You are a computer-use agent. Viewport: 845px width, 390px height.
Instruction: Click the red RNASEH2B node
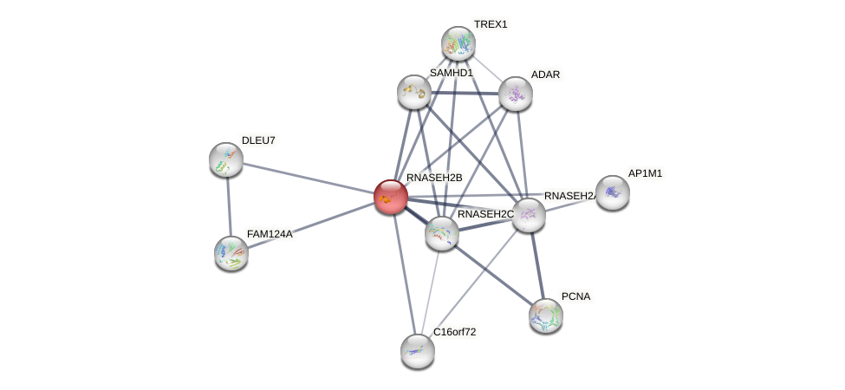(391, 197)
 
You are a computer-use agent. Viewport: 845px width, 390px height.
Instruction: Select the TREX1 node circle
(458, 43)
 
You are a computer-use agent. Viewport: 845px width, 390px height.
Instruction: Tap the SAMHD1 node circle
(414, 91)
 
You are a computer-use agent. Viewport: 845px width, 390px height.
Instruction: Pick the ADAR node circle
(515, 94)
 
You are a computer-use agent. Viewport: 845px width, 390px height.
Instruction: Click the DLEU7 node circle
(226, 159)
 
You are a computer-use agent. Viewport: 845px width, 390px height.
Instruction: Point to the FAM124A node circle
(231, 252)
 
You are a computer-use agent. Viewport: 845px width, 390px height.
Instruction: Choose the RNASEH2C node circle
(442, 232)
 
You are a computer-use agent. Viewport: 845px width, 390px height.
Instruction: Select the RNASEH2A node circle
(528, 215)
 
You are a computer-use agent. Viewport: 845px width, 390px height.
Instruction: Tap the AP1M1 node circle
(612, 192)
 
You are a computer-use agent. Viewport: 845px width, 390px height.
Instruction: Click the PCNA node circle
(545, 315)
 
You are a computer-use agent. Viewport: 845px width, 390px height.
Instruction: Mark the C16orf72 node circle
(417, 350)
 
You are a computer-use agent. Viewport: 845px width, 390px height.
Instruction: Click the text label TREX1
(491, 24)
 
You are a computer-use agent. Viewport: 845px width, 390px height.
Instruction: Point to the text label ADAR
(545, 75)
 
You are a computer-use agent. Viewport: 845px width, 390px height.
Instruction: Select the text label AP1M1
(645, 173)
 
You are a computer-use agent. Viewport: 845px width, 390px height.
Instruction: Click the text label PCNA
(575, 296)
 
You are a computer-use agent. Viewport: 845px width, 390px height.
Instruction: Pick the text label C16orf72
(454, 332)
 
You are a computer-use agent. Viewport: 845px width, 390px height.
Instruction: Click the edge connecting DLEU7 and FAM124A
(229, 206)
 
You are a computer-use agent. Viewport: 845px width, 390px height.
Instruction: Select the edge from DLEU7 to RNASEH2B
(308, 178)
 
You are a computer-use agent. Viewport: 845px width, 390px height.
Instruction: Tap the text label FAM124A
(270, 234)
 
